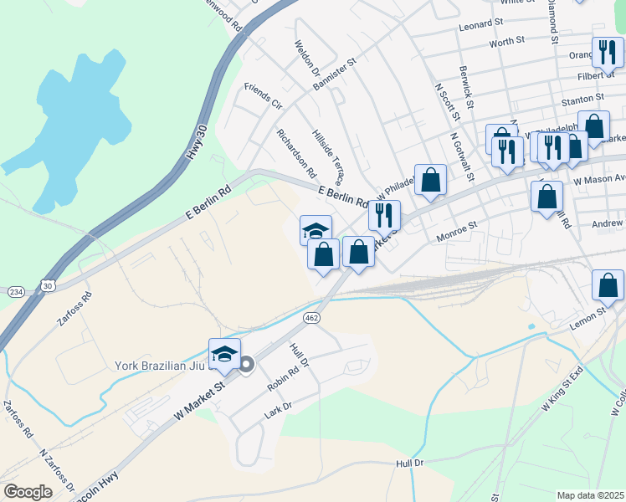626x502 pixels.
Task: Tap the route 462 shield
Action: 311,318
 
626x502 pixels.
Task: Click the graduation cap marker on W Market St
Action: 224,354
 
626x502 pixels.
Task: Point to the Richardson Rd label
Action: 296,153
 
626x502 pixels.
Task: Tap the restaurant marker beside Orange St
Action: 608,53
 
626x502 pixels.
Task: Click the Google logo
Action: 28,492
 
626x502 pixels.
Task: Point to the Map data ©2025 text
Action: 591,495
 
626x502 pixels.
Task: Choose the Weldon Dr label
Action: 304,58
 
